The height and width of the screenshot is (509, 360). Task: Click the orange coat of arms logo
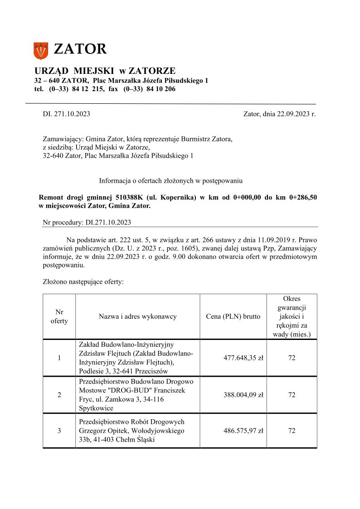[40, 50]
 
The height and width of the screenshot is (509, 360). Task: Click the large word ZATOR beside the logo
[80, 49]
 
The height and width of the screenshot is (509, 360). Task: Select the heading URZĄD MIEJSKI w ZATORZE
[105, 71]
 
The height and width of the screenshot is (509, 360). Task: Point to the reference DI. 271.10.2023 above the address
[66, 114]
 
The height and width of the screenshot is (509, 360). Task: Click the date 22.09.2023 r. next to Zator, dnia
[297, 114]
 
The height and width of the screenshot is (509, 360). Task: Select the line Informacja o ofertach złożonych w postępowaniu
[171, 181]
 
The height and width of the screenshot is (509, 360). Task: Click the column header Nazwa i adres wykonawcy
[137, 316]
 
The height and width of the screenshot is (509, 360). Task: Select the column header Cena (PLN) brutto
[233, 316]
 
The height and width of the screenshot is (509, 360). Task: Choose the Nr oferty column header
[59, 316]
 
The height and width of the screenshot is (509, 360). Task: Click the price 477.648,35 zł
[243, 358]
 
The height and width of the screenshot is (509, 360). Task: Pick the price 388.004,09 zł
[243, 395]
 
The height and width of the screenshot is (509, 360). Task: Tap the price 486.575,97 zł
[243, 431]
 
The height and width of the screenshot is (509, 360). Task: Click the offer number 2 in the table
[59, 395]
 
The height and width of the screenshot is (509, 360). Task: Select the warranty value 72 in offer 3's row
[292, 431]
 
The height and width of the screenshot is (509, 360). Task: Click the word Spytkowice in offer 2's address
[96, 408]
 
